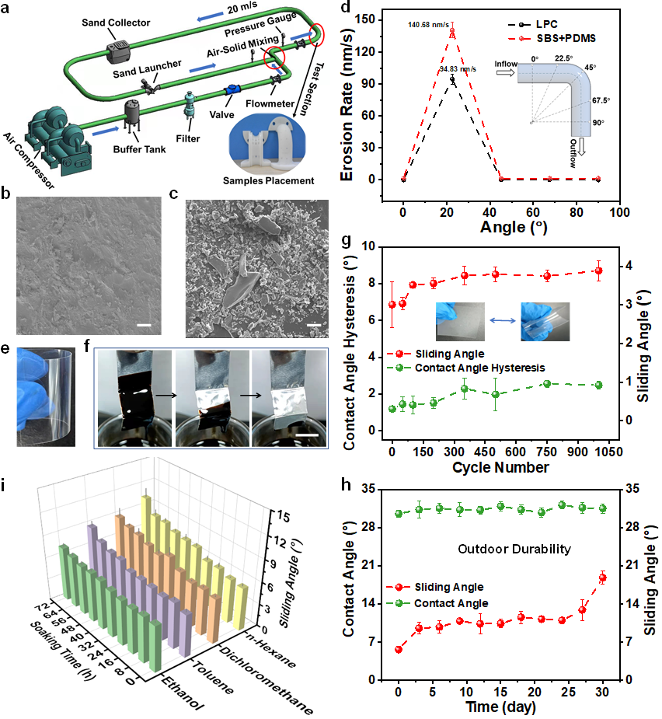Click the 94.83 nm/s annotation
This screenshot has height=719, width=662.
pos(458,68)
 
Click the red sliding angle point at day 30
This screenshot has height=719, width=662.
pos(602,577)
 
